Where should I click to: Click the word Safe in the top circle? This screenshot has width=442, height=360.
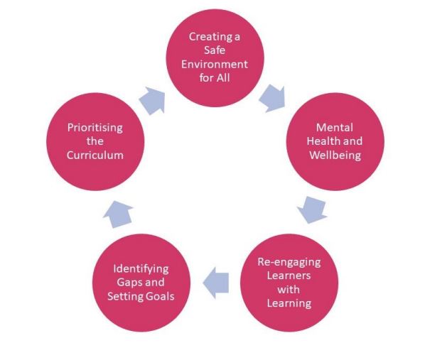[x=219, y=50]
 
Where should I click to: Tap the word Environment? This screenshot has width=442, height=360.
[x=219, y=64]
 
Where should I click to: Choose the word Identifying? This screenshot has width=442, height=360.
[x=141, y=268]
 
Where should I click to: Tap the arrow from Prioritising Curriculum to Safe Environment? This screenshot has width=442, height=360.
[x=152, y=101]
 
